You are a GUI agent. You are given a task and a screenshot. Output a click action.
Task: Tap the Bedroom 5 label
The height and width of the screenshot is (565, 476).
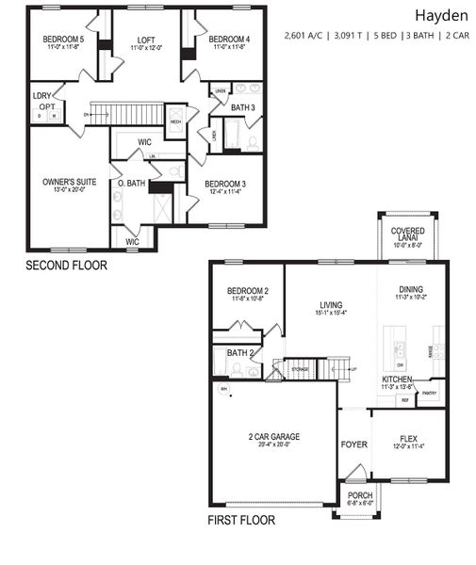(x=63, y=39)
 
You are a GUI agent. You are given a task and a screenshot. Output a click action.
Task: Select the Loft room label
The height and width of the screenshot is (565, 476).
(x=145, y=40)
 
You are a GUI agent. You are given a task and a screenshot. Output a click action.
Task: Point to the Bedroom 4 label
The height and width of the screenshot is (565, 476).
(x=228, y=39)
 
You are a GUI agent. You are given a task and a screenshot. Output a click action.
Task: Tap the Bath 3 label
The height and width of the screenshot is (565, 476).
(x=242, y=108)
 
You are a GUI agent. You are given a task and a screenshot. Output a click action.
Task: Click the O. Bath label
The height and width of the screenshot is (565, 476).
(x=130, y=183)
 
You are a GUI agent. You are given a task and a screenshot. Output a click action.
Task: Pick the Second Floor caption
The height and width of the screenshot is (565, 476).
(x=66, y=266)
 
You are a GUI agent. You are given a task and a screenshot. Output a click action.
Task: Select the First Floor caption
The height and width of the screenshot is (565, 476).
(x=241, y=520)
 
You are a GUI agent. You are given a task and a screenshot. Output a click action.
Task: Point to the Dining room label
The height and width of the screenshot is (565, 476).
(x=410, y=290)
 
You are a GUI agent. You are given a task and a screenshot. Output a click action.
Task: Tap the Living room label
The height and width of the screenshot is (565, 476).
(x=330, y=304)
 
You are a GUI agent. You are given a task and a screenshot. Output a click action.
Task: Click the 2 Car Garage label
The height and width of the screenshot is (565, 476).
(x=274, y=437)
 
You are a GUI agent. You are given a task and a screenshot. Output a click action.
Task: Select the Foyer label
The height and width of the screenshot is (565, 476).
(x=353, y=444)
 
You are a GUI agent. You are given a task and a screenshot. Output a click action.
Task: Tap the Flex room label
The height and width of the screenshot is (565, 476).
(x=410, y=438)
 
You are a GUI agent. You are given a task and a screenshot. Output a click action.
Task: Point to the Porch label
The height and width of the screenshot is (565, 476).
(x=360, y=495)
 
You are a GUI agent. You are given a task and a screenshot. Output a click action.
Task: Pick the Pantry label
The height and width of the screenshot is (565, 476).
(x=430, y=393)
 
